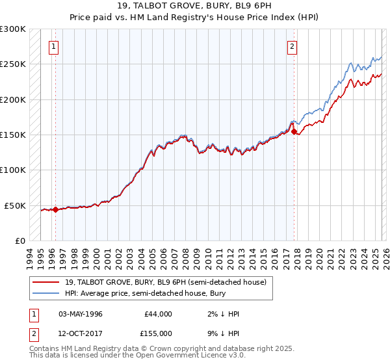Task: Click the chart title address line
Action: click(195, 6)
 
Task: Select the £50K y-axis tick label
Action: click(16, 205)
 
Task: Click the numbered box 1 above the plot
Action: click(53, 46)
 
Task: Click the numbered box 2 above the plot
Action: click(292, 46)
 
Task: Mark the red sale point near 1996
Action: click(55, 209)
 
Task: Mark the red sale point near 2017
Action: click(294, 131)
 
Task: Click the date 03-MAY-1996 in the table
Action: click(81, 314)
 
